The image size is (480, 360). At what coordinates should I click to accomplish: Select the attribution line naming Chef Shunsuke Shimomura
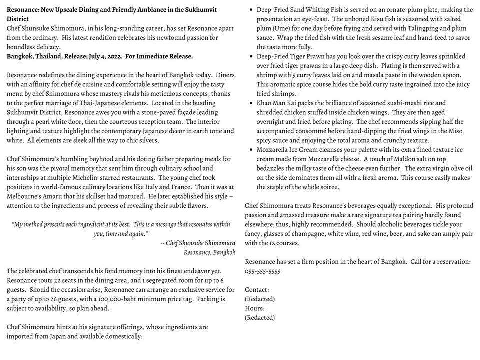pyautogui.click(x=198, y=243)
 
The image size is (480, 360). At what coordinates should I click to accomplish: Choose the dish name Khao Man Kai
pyautogui.click(x=276, y=103)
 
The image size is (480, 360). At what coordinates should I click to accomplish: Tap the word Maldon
pyautogui.click(x=395, y=159)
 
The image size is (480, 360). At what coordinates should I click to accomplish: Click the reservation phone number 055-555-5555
pyautogui.click(x=262, y=271)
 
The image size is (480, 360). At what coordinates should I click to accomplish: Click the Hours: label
pyautogui.click(x=255, y=308)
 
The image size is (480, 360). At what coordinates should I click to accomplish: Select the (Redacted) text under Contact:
pyautogui.click(x=259, y=299)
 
